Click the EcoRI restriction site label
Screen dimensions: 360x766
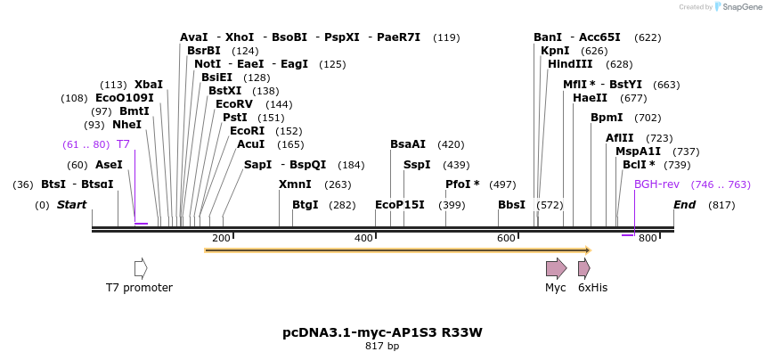click(247, 131)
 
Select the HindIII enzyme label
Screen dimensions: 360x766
click(570, 64)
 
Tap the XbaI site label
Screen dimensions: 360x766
click(148, 84)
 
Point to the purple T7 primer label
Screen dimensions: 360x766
click(123, 144)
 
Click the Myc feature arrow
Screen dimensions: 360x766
click(556, 268)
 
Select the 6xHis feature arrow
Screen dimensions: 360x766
click(583, 268)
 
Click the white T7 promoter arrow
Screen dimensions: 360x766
click(141, 268)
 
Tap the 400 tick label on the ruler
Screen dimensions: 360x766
click(363, 238)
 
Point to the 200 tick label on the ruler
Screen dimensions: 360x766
click(221, 238)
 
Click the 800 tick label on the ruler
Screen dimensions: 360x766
click(648, 238)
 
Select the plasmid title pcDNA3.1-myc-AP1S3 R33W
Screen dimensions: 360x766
click(382, 332)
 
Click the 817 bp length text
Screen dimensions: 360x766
click(382, 346)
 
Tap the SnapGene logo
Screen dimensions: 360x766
click(736, 7)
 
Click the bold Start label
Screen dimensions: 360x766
click(72, 205)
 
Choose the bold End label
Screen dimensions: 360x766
click(684, 205)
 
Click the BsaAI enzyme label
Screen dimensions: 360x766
click(408, 144)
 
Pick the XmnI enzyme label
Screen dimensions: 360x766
click(295, 184)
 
